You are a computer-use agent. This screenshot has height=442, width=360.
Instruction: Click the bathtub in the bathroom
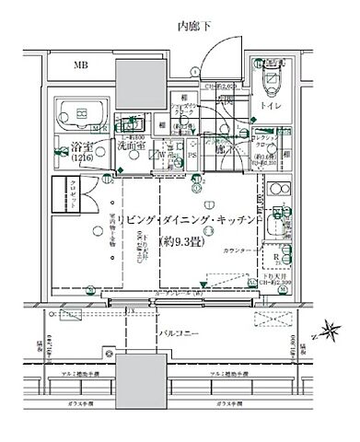point(77,117)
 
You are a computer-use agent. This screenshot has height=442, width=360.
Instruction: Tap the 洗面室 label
point(128,145)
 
